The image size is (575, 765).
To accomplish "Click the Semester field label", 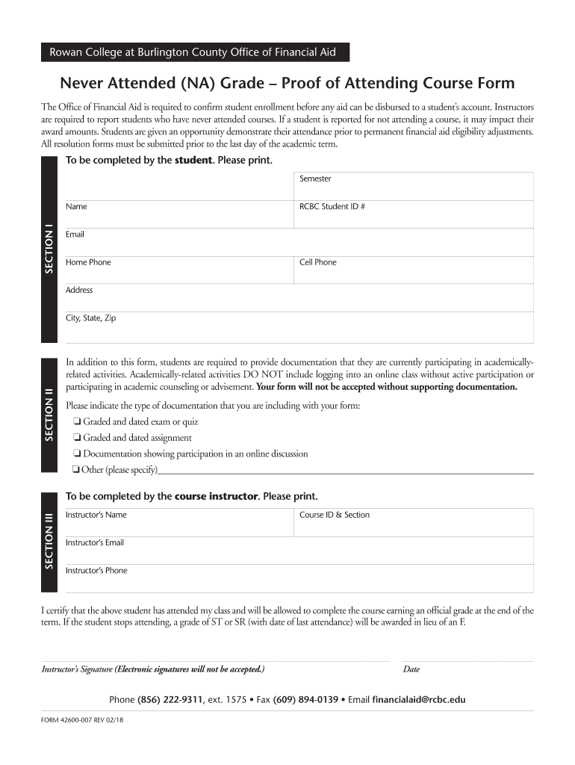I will click(x=315, y=179).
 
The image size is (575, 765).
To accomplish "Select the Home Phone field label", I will click(x=88, y=262).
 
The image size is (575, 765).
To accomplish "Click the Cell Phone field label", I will click(x=318, y=262).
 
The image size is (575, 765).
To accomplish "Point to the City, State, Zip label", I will click(x=90, y=318).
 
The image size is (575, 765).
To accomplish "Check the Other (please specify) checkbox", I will click(x=75, y=470).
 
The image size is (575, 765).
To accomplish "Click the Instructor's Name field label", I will click(x=96, y=515).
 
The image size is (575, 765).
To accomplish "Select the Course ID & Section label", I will click(x=335, y=515).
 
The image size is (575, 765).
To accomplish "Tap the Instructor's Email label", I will click(x=95, y=542).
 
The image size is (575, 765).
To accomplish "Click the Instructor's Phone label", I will click(x=96, y=570).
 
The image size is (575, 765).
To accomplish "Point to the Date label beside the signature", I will click(x=411, y=669).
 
